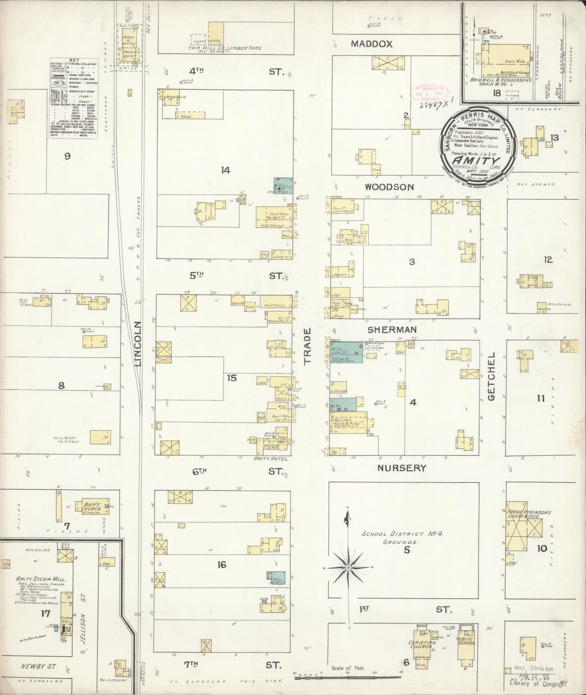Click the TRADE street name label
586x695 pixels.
coord(307,345)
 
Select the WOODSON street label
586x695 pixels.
coord(389,187)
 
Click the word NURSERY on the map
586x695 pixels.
coord(401,468)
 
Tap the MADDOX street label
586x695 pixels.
coord(372,44)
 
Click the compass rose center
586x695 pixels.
coord(348,568)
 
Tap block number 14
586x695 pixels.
coord(225,170)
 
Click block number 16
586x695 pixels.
coord(221,564)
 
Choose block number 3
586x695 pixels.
coord(412,262)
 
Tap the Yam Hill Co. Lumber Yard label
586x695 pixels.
coord(224,48)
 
